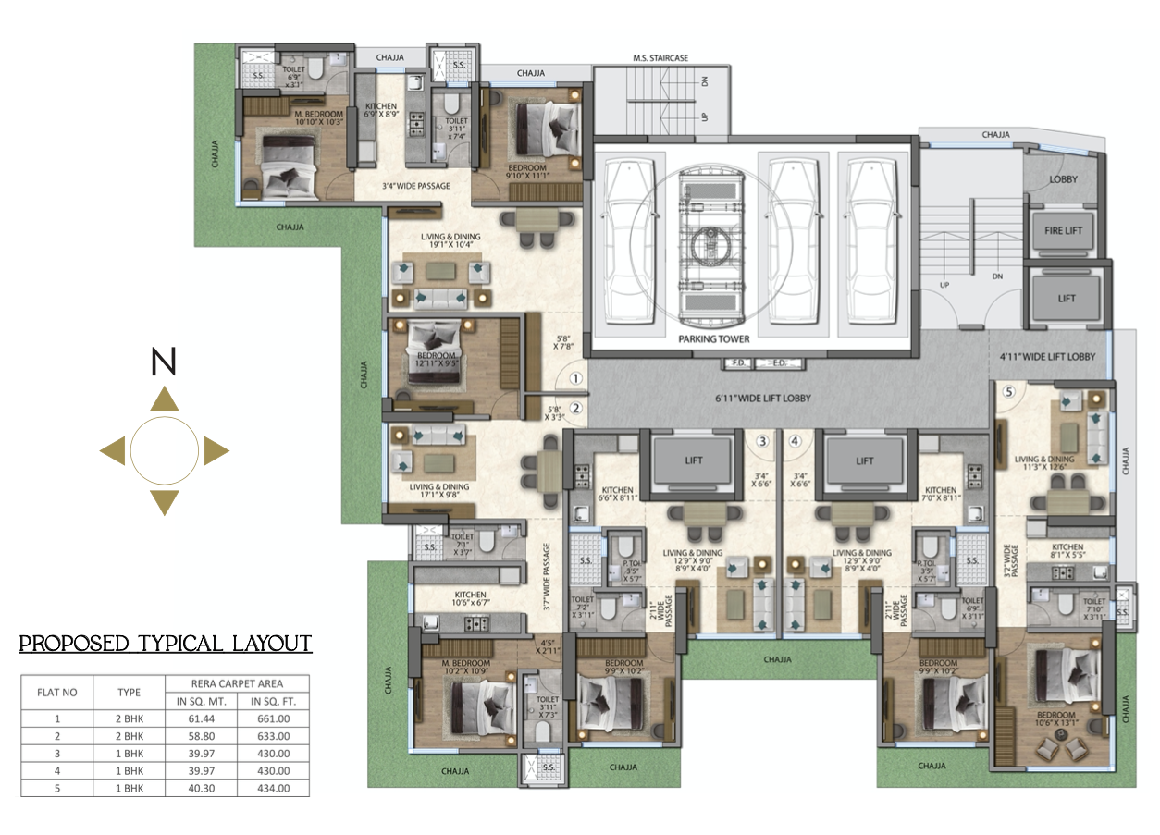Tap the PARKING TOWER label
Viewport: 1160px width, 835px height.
[x=713, y=339]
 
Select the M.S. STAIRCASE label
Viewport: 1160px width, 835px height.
[x=660, y=58]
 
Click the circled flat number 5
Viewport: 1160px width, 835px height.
[x=1009, y=391]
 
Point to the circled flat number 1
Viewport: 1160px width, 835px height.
[x=574, y=378]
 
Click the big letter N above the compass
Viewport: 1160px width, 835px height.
[x=164, y=364]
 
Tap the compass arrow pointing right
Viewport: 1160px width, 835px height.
[x=216, y=451]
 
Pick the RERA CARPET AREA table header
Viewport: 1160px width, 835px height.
[x=237, y=683]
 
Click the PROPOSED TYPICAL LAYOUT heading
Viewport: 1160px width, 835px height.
[x=166, y=644]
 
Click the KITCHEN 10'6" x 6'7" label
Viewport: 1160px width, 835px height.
[x=470, y=599]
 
